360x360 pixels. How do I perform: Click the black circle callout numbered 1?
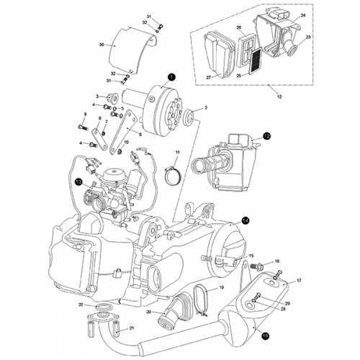pyautogui.click(x=171, y=76)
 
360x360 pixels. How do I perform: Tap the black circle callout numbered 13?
pyautogui.click(x=78, y=182)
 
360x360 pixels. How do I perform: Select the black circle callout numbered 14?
pyautogui.click(x=246, y=221)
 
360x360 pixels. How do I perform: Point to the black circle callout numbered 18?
pyautogui.click(x=265, y=335)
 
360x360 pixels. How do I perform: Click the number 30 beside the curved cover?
pyautogui.click(x=102, y=45)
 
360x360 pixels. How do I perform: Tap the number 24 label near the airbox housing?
pyautogui.click(x=302, y=16)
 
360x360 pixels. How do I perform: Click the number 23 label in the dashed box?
pyautogui.click(x=308, y=37)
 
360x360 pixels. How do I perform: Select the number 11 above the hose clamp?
pyautogui.click(x=175, y=152)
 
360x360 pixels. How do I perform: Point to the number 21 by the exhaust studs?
pyautogui.click(x=132, y=328)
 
